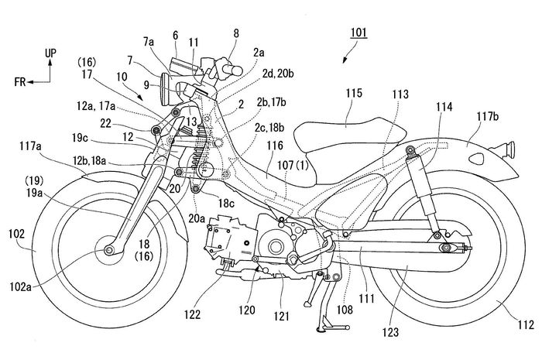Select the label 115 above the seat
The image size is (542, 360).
tap(353, 92)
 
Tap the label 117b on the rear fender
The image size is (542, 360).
tap(488, 117)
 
